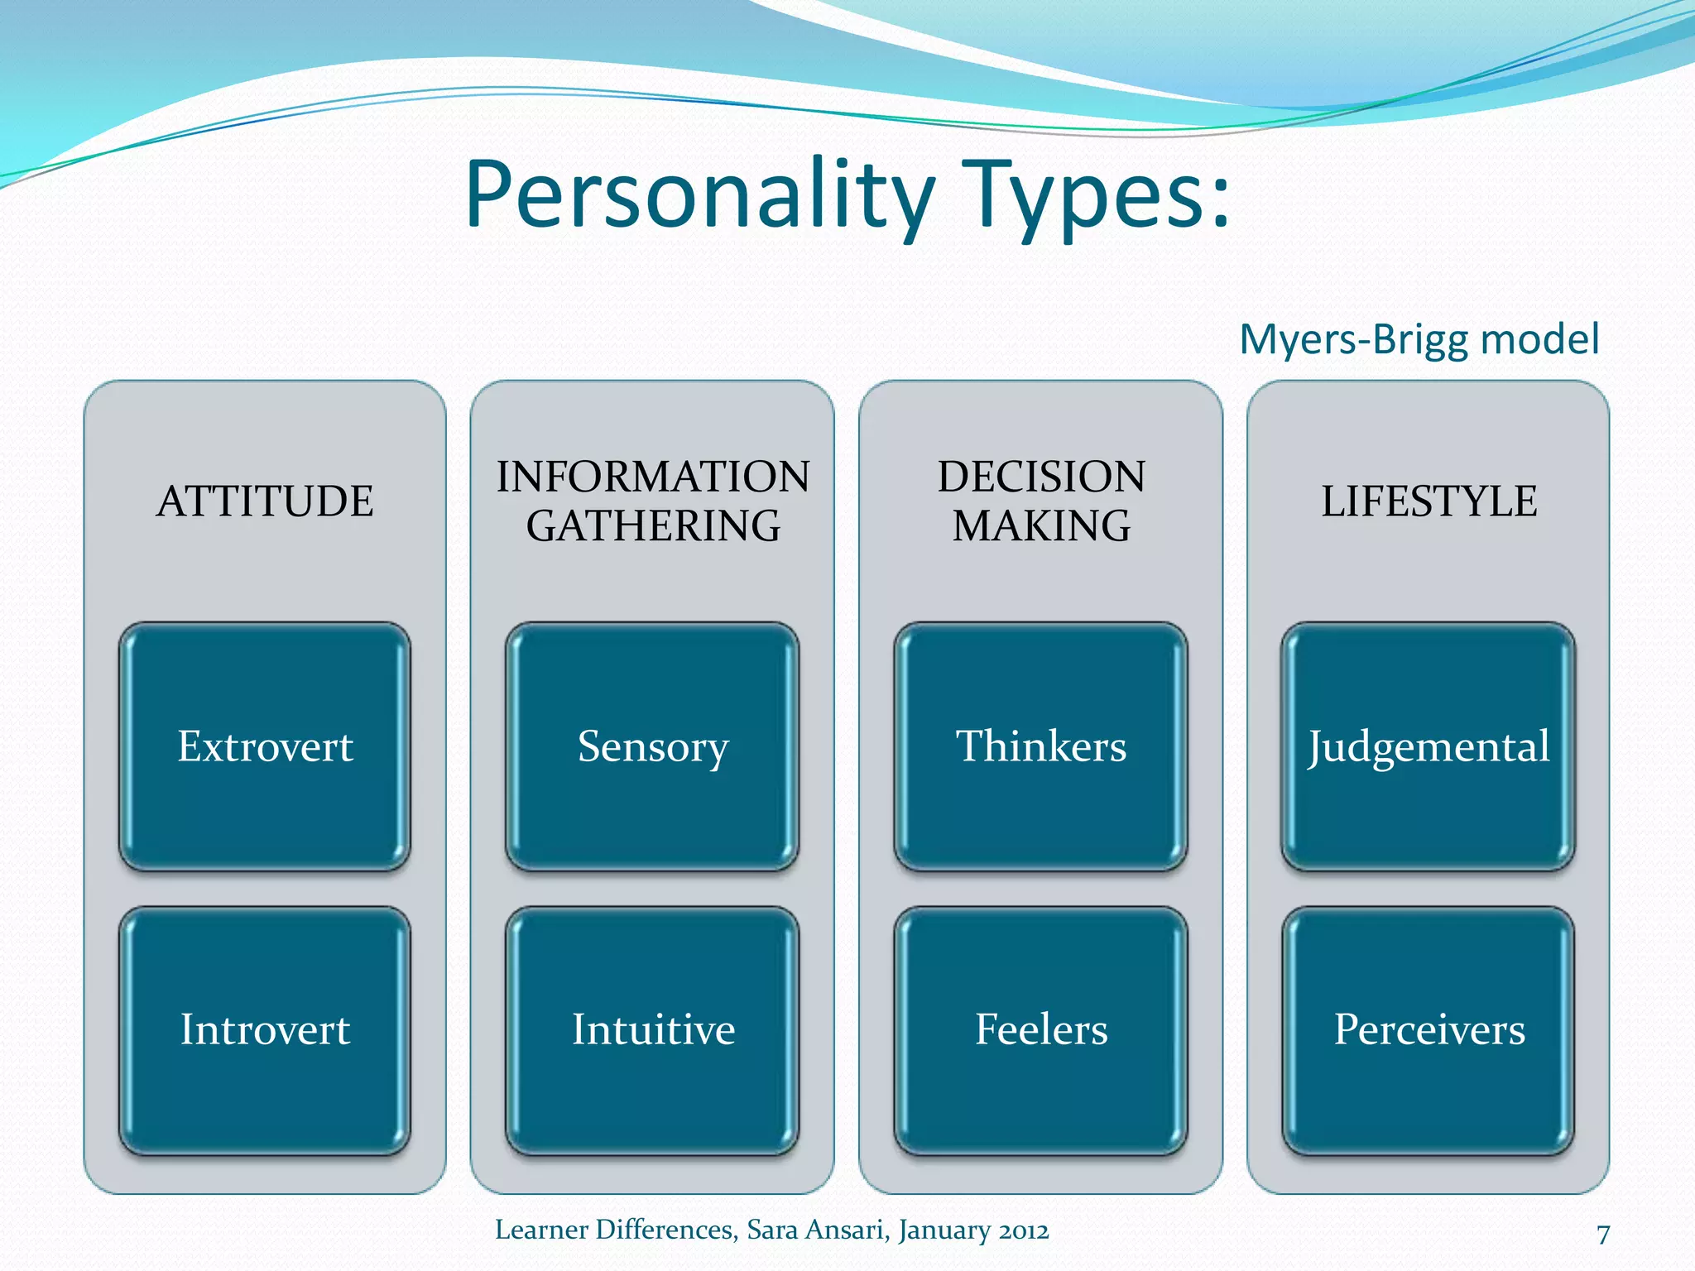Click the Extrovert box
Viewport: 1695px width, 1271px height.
(x=265, y=746)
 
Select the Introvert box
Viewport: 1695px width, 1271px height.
(x=265, y=1030)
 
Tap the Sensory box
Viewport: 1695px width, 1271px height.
(x=652, y=746)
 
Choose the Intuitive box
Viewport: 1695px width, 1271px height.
(x=652, y=1030)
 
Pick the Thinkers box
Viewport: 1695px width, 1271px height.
(x=1040, y=746)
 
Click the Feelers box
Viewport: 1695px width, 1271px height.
(x=1040, y=1030)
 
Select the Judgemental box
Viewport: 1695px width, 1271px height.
(x=1429, y=746)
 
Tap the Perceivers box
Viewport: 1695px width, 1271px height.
(x=1429, y=1030)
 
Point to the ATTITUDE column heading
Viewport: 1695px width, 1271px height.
(x=265, y=501)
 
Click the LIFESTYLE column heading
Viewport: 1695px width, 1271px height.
(x=1429, y=501)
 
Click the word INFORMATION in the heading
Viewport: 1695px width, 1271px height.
(x=652, y=477)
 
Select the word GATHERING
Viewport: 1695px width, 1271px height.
(x=652, y=526)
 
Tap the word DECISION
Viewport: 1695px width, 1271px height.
(x=1040, y=477)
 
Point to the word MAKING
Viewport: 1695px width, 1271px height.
(x=1040, y=526)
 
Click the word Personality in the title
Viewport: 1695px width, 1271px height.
(x=699, y=197)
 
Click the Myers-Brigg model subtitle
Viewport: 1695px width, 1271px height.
(x=1419, y=339)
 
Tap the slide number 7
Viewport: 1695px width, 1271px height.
(x=1603, y=1234)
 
